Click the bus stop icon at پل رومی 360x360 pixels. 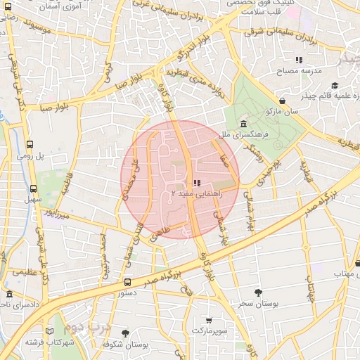click(x=30, y=143)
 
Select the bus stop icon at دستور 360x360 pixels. click(x=127, y=282)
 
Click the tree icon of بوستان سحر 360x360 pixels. click(x=259, y=292)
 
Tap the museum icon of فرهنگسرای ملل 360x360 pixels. click(x=243, y=124)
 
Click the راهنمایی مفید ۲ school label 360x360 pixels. click(x=196, y=193)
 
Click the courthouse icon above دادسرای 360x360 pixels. click(x=9, y=294)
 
